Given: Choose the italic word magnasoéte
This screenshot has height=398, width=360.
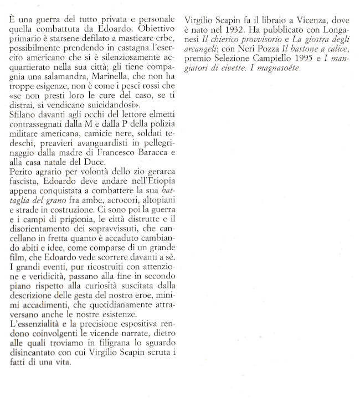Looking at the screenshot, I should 260,68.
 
